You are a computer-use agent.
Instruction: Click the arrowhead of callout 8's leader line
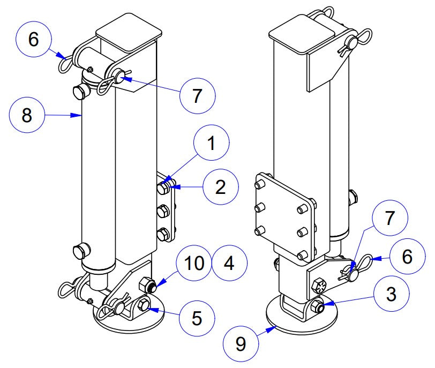pos(80,115)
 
